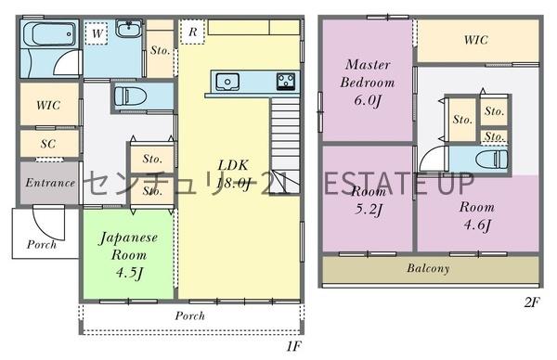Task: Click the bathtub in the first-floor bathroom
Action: (50, 34)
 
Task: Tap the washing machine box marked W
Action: (97, 33)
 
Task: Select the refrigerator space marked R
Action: (192, 32)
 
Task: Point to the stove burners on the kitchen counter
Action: (286, 81)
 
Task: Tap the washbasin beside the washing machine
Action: (129, 29)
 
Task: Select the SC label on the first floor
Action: (48, 144)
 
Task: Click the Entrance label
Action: (50, 183)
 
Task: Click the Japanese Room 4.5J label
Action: (128, 255)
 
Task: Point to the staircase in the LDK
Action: (285, 146)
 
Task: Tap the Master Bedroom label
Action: (368, 73)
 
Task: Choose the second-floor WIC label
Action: (475, 40)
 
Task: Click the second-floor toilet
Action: (491, 160)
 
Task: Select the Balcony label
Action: (428, 268)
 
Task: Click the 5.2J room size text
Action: (369, 209)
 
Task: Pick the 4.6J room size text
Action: (477, 225)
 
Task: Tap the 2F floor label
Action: (531, 302)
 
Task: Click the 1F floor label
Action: (293, 346)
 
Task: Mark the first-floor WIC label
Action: (48, 105)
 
